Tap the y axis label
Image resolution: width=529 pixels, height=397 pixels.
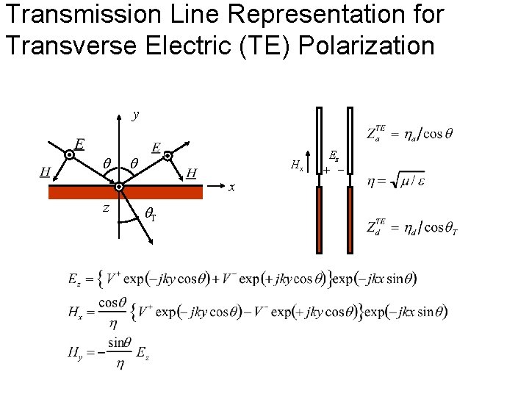pos(135,115)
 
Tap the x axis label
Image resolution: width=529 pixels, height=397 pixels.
pos(231,187)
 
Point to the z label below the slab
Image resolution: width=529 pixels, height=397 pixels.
pos(106,208)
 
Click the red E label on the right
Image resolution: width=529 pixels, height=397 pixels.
pos(156,147)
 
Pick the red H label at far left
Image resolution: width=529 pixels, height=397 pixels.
pos(46,171)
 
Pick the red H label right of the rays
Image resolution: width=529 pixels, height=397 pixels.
pos(192,173)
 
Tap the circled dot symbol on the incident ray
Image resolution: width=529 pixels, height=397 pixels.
pos(70,156)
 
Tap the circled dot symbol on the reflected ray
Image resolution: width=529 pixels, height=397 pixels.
pos(168,156)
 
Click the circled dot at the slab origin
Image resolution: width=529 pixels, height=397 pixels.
pos(119,187)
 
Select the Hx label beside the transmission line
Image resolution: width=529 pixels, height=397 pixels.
pos(297,166)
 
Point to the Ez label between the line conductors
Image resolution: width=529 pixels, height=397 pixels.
pos(334,156)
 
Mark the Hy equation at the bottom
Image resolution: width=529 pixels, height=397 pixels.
pos(111,354)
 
